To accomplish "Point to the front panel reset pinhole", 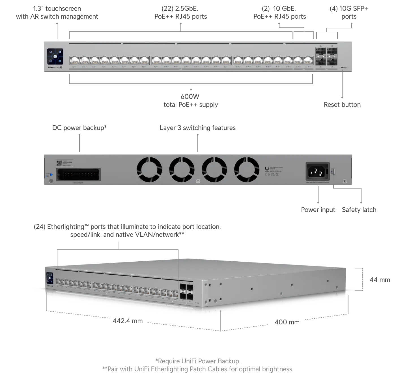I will (342, 68).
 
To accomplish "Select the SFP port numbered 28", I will (332, 61).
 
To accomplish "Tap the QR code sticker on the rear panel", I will (59, 163).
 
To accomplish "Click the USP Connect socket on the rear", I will (78, 175).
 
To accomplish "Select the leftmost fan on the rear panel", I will (149, 170).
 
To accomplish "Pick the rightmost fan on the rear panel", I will (249, 170).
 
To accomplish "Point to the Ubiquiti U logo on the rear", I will (267, 169).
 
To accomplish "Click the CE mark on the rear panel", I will (266, 175).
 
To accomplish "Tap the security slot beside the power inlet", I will (333, 171).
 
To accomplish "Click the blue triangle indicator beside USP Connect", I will (51, 175).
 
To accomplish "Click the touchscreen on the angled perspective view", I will (49, 278).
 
